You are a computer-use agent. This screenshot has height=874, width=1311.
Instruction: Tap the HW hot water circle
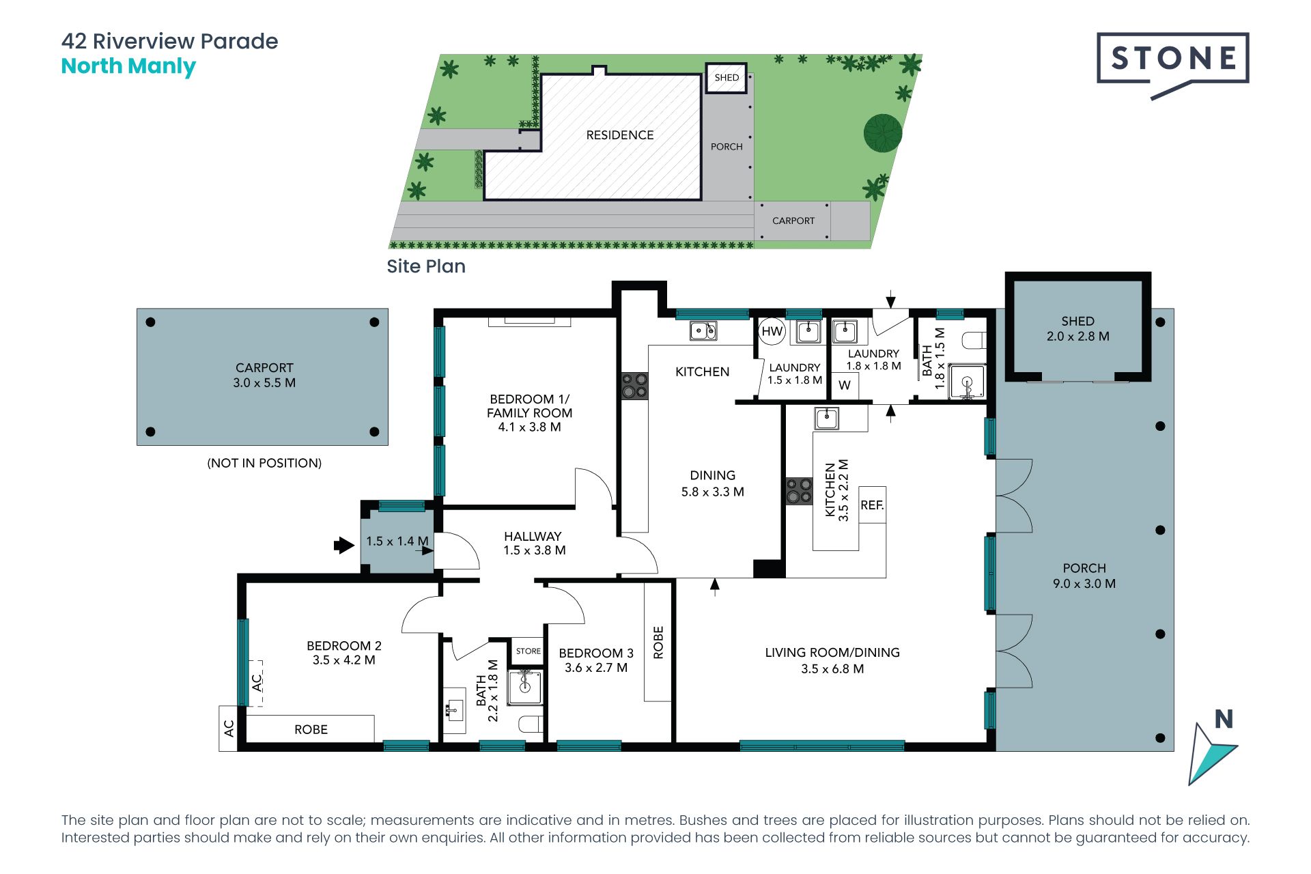772,332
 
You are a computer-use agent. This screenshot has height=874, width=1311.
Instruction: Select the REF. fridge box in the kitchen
872,505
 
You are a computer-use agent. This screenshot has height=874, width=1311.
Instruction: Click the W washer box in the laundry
845,385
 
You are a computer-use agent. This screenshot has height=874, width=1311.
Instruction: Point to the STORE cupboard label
528,651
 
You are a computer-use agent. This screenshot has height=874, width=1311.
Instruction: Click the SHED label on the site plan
727,77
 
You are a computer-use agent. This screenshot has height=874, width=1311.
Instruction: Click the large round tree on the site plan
883,132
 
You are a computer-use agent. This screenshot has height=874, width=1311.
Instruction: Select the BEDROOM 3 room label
596,653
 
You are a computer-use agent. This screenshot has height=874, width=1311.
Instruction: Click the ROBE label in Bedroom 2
311,729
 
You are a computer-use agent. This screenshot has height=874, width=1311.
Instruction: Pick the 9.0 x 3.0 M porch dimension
1084,584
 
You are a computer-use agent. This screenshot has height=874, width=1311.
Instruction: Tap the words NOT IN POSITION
264,463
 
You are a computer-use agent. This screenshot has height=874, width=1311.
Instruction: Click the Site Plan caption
426,266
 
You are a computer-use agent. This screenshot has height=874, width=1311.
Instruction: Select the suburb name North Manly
128,66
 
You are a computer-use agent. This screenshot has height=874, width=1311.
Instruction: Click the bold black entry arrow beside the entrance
344,545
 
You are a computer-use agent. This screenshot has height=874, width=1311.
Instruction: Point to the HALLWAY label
533,537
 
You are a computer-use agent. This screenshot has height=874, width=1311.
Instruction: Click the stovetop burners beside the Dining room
634,385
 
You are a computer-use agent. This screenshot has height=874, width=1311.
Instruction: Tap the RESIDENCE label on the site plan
620,135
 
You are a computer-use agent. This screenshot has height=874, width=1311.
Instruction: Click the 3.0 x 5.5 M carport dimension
264,383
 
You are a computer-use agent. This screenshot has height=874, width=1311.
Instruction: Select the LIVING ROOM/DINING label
832,653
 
